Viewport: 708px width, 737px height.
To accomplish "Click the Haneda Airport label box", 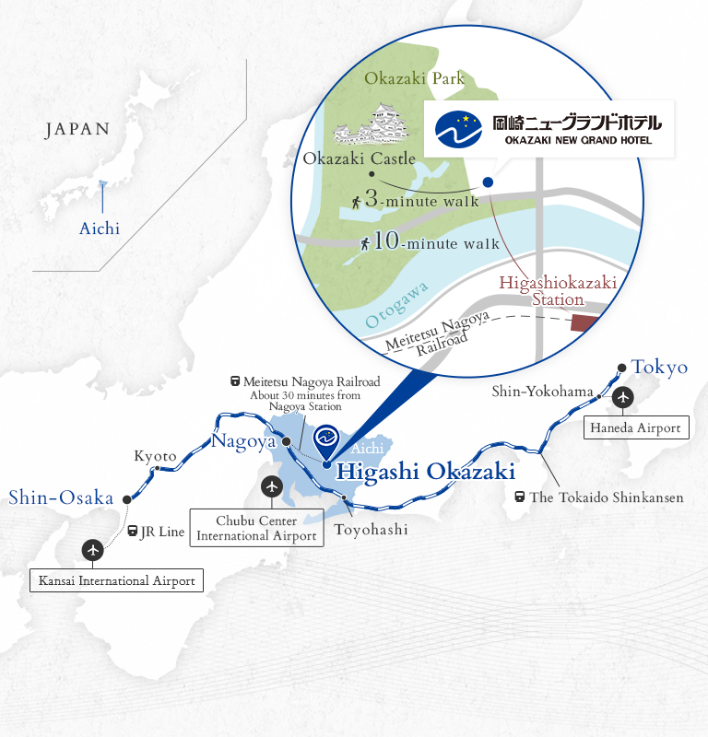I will coord(637,427).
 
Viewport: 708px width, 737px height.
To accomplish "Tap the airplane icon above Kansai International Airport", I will coord(93,550).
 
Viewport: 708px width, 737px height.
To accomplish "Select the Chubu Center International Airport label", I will coord(257,528).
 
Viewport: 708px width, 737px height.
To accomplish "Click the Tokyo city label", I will coord(659,367).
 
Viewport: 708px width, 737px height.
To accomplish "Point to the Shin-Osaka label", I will coord(60,498).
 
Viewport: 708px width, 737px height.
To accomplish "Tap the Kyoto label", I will coord(155,456).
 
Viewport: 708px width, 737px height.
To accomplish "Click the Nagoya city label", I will coord(243,441).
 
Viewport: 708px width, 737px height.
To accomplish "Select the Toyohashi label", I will coord(371,530).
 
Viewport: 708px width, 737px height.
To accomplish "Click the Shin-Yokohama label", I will coord(542,392).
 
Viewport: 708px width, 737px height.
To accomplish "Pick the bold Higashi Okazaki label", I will coord(424,472).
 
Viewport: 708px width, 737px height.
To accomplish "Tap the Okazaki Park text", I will coord(415,78).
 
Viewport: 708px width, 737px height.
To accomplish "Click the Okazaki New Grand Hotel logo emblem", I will coord(459,130).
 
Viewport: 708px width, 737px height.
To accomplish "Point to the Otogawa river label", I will coord(397,306).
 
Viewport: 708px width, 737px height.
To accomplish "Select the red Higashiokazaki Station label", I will coord(558,290).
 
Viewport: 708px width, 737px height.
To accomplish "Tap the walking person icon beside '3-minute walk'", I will coord(355,199).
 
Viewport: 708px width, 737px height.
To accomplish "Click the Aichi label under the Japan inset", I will coord(100,228).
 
